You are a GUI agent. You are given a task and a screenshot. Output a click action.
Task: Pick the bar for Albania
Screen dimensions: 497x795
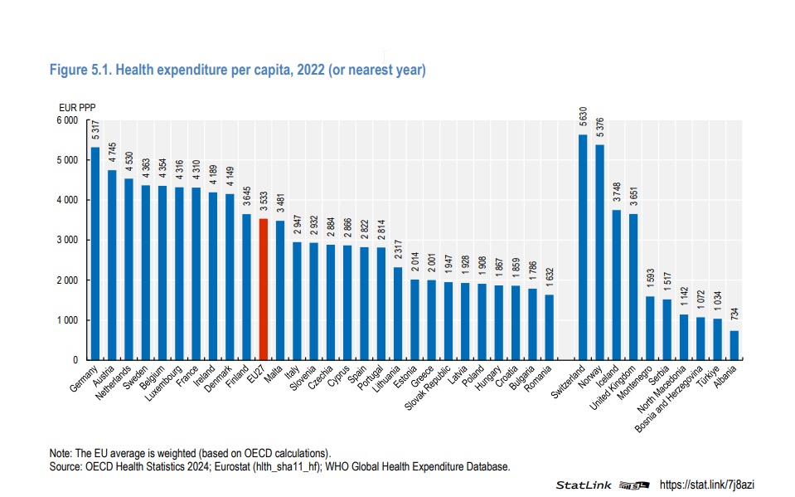pyautogui.click(x=734, y=345)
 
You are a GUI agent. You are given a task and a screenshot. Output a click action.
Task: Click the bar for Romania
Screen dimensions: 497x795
pyautogui.click(x=549, y=327)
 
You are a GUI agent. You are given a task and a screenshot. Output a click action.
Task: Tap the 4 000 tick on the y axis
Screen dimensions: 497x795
pyautogui.click(x=66, y=200)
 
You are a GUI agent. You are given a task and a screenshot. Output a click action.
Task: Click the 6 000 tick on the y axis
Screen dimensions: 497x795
pyautogui.click(x=66, y=120)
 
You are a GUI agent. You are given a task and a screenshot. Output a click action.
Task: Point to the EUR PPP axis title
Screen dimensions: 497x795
pyautogui.click(x=76, y=107)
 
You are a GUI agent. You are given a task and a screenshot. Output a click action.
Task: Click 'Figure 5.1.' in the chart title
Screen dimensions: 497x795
pyautogui.click(x=80, y=71)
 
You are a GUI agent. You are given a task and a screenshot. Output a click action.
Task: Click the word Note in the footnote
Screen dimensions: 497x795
pyautogui.click(x=61, y=453)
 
